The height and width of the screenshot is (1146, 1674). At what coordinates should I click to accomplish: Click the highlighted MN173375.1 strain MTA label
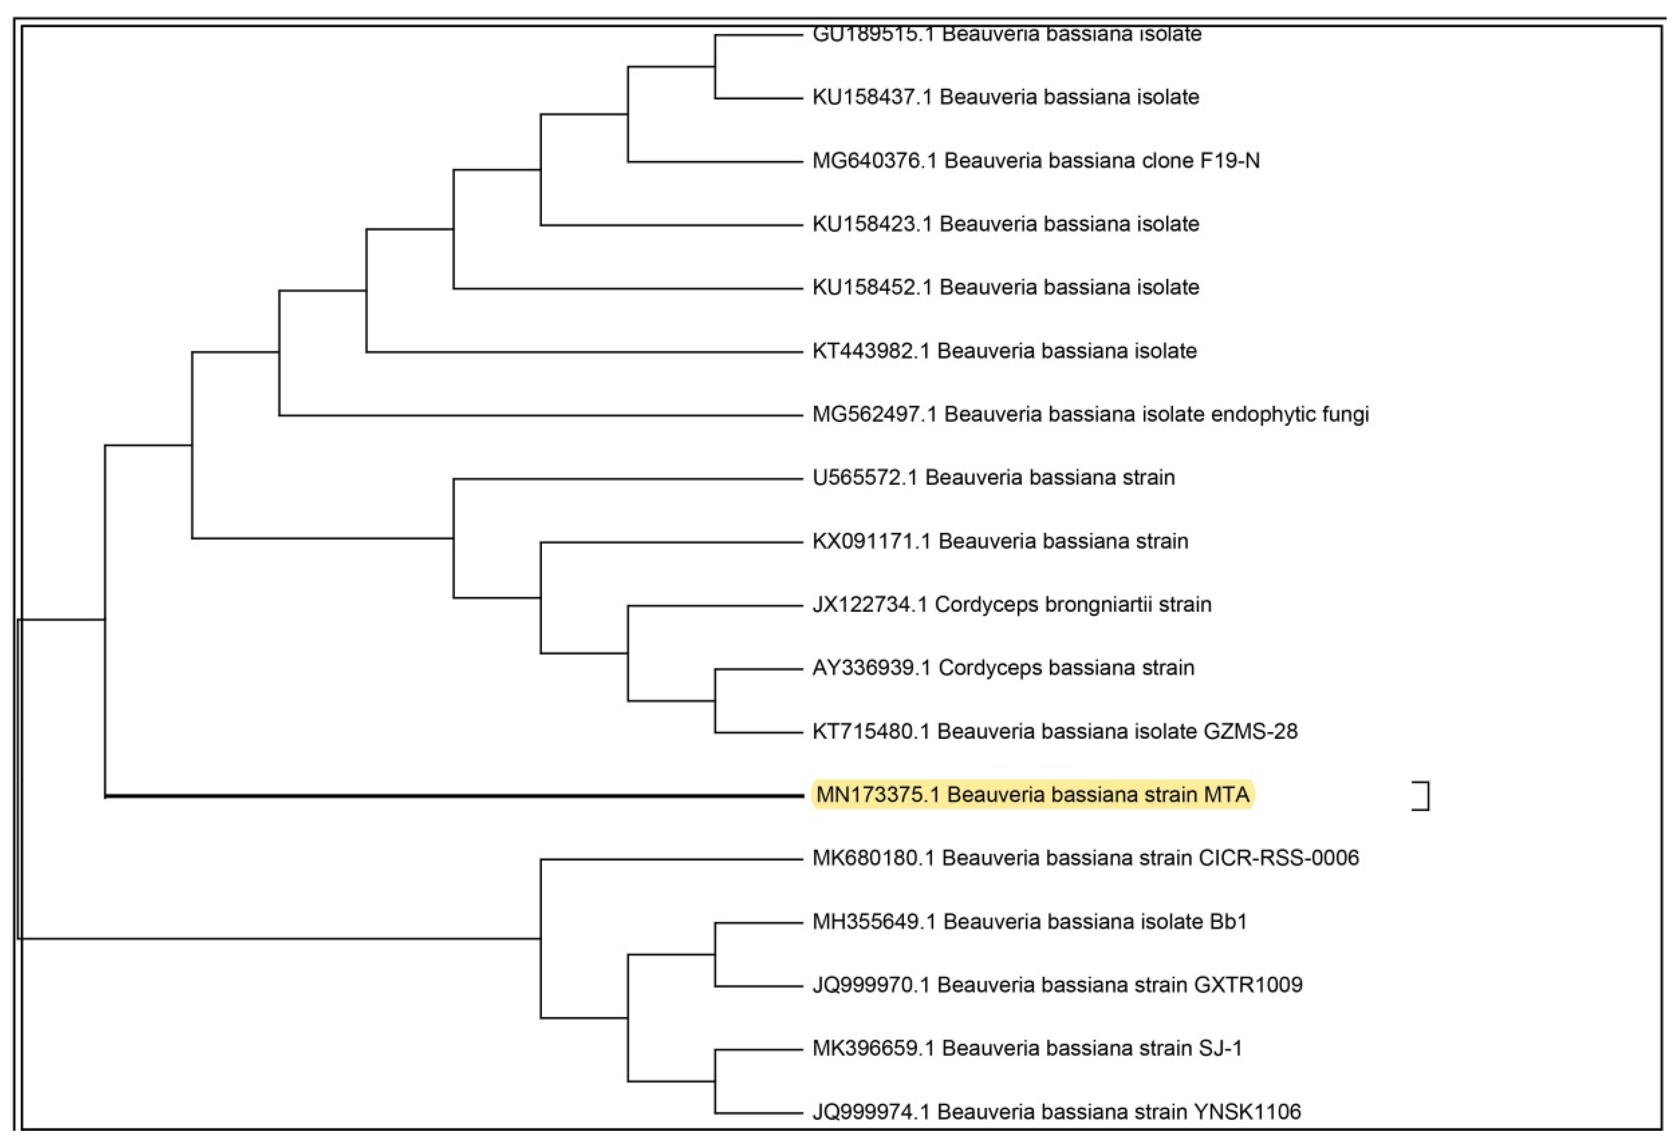point(1032,794)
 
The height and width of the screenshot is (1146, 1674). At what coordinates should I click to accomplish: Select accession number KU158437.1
point(871,97)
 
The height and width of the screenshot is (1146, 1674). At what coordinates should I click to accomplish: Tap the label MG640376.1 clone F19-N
point(1036,161)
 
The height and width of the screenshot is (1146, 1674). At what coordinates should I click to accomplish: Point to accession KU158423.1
point(871,224)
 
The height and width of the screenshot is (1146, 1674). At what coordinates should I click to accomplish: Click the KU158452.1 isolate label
point(1005,287)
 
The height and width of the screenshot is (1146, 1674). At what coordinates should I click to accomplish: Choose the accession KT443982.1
point(870,351)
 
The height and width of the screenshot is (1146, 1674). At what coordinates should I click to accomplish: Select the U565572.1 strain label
point(993,478)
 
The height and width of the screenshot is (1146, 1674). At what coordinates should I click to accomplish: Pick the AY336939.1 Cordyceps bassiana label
point(1002,668)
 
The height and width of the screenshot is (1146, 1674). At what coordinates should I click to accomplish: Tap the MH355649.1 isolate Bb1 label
point(1029,921)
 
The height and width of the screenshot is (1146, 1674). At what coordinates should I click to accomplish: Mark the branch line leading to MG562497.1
point(540,415)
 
